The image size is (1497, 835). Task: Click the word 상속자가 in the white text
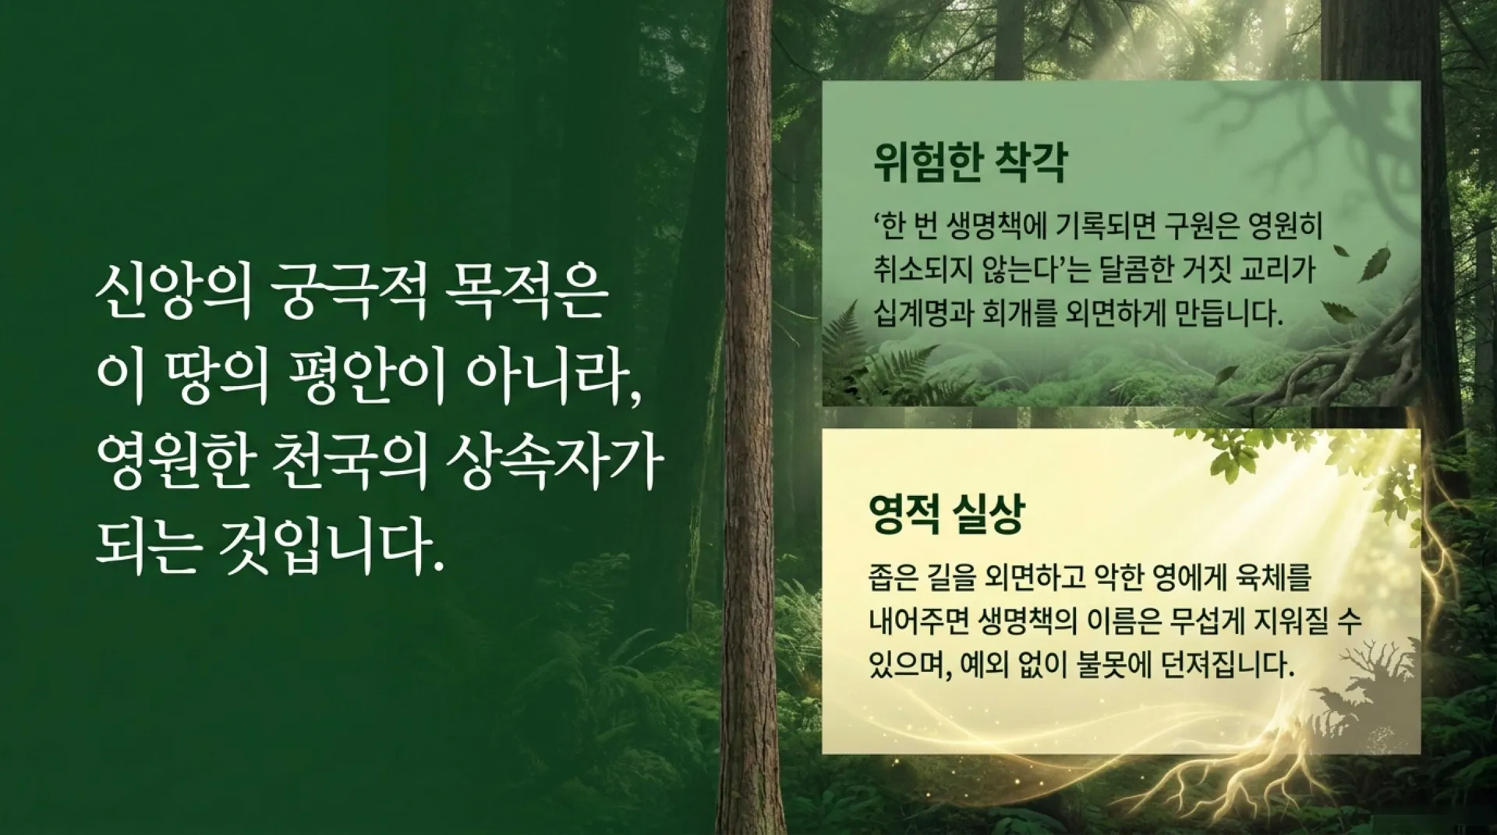[x=553, y=465]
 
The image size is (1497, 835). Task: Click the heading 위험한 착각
[x=969, y=163]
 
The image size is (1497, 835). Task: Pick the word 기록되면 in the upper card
[x=1102, y=228]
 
